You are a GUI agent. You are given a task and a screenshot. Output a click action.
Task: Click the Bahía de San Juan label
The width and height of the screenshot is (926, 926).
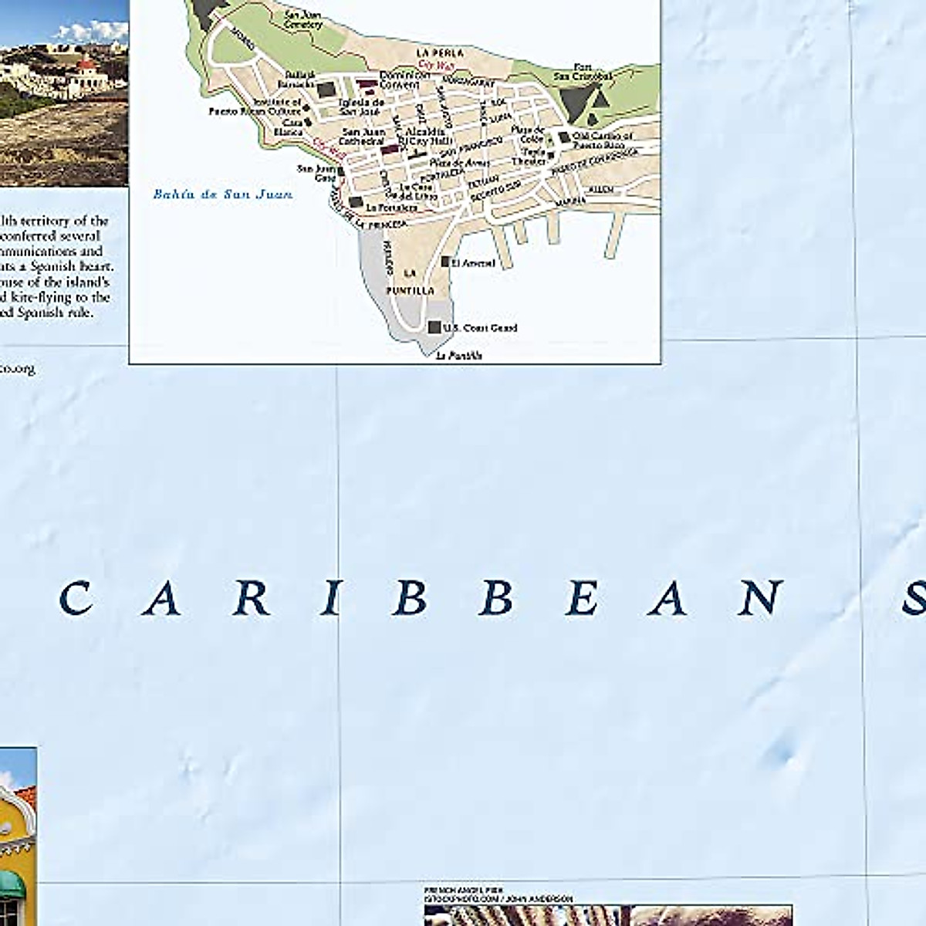[x=222, y=194]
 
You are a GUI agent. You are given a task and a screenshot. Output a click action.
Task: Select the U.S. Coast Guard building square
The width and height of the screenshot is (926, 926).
[x=434, y=327]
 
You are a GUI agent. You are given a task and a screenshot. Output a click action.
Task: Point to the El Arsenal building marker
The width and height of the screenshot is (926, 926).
[x=445, y=262]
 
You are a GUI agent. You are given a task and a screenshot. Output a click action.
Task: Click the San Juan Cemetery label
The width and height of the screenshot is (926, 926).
[x=303, y=19]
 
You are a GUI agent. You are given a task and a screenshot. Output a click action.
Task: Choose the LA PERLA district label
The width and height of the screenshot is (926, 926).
[x=439, y=52]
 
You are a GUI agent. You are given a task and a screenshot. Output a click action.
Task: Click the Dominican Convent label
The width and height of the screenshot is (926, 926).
[x=404, y=79]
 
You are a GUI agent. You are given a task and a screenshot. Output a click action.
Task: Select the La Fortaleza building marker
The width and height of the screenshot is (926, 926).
[x=355, y=202]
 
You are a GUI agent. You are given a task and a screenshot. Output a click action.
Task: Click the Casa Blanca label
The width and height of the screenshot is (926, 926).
[x=292, y=127]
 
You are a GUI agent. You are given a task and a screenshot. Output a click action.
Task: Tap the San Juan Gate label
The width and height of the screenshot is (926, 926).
[x=316, y=173]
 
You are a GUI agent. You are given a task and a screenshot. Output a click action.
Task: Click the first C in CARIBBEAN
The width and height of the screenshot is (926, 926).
[x=76, y=599]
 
